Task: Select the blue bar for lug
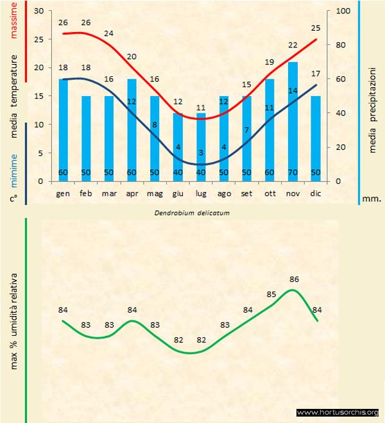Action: coord(201,141)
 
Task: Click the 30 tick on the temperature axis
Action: coord(38,12)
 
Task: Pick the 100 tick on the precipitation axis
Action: coord(343,12)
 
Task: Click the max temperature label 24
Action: coord(108,33)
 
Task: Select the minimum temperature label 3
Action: coord(201,152)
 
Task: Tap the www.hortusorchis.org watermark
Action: coord(338,412)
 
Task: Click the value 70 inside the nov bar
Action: coord(293,173)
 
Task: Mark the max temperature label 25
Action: coord(315,28)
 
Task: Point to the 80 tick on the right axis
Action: coord(341,46)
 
